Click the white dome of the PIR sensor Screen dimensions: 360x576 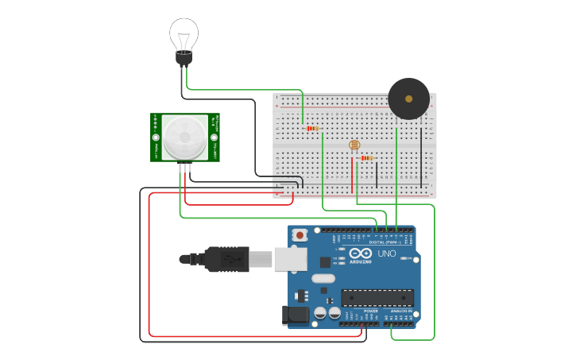point(184,136)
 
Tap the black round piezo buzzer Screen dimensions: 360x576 point(408,99)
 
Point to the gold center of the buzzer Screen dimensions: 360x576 point(408,99)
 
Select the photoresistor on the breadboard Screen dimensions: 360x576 point(354,145)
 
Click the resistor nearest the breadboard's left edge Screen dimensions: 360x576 point(312,128)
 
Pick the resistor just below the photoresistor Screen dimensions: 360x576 point(366,157)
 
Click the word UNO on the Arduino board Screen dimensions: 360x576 point(386,254)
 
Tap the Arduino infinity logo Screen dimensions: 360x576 point(361,254)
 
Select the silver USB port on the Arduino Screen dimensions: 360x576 point(291,260)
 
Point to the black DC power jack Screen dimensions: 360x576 point(296,315)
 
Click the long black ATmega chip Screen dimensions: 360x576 point(377,297)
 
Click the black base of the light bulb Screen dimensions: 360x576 point(184,58)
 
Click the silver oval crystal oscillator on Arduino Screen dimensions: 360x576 point(323,278)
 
